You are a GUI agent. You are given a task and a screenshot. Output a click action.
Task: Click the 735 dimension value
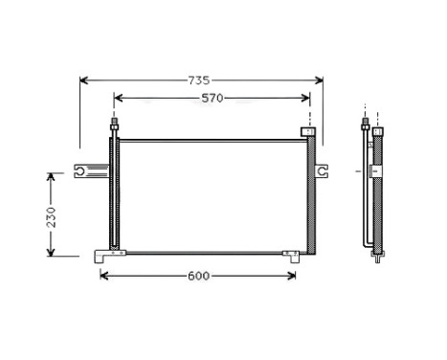[197, 80]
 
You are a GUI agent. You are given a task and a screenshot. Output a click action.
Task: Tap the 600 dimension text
[197, 277]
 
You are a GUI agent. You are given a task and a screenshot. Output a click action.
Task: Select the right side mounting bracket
[324, 170]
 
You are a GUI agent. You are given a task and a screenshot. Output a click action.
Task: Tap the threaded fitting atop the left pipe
[115, 124]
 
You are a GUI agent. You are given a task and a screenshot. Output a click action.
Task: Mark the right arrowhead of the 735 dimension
[320, 80]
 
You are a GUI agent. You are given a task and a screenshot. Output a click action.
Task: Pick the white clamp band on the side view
[376, 170]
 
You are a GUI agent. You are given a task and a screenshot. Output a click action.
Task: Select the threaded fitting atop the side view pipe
[366, 124]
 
